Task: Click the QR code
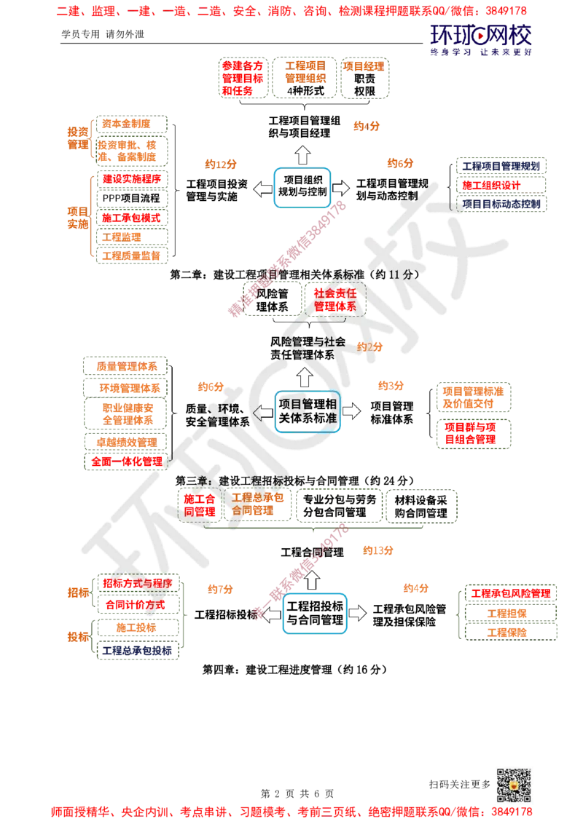tap(512, 785)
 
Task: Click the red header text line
tap(291, 11)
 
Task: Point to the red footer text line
tap(291, 811)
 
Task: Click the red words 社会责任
tap(334, 293)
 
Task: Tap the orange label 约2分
tap(369, 347)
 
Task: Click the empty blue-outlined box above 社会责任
tap(302, 186)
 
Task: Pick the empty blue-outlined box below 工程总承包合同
tap(315, 612)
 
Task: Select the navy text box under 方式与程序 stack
tap(137, 651)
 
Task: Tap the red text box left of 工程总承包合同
tap(199, 505)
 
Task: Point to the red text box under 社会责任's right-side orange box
tap(475, 435)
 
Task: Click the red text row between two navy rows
tap(501, 185)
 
